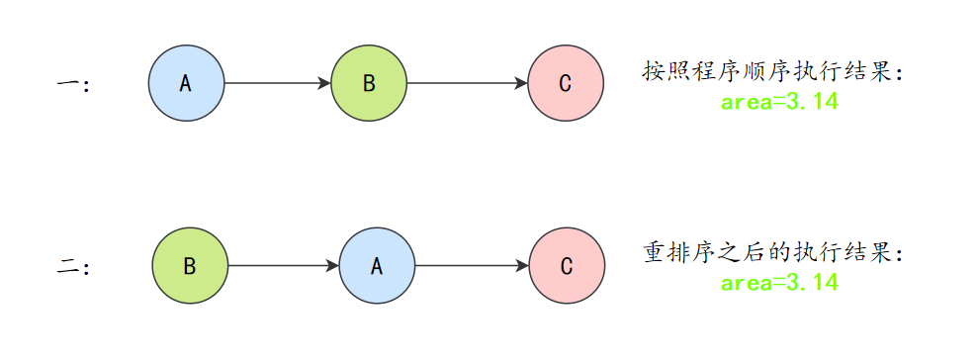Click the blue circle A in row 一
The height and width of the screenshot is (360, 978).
187,83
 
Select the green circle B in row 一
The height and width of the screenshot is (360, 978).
369,83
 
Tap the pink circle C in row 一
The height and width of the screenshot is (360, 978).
565,83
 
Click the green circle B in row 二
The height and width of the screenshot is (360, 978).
190,266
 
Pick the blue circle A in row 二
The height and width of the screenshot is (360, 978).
377,266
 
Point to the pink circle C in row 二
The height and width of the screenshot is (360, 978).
567,266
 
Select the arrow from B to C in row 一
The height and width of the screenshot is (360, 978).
465,83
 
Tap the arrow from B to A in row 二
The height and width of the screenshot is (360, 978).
282,266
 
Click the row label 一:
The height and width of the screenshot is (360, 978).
74,85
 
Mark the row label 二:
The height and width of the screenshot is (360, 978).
74,267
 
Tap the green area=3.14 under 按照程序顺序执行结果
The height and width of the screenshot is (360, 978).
779,102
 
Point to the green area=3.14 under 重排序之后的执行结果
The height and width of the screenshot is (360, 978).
779,283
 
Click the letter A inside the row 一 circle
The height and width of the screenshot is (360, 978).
185,84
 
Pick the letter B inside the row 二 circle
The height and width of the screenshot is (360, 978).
190,267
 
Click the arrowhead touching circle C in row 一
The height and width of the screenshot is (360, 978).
521,83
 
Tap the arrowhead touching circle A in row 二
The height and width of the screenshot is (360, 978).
332,266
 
